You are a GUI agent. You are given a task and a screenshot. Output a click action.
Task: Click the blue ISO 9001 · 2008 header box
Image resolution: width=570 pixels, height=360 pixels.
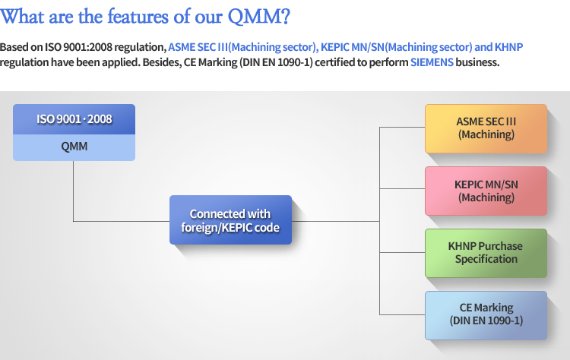(74, 119)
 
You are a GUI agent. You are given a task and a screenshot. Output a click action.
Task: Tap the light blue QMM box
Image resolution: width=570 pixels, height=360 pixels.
(74, 147)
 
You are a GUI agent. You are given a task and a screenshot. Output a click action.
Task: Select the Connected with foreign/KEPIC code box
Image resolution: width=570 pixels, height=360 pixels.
(230, 219)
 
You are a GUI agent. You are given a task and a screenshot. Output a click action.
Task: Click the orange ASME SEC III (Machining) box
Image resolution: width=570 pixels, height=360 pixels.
(486, 128)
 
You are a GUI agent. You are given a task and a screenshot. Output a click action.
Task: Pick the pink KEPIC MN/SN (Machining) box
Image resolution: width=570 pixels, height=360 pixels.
(486, 191)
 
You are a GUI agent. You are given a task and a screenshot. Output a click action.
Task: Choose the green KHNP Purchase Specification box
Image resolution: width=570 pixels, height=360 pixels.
(486, 253)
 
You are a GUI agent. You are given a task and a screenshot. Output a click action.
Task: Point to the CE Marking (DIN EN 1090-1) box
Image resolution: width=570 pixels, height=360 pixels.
(486, 315)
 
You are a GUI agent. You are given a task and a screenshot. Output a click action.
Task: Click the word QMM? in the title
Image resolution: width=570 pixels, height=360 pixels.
(259, 17)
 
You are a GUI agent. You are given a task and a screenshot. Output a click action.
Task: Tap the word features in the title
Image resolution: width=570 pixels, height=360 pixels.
(138, 17)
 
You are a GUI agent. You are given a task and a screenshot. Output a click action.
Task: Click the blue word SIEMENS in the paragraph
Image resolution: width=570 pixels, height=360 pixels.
(432, 62)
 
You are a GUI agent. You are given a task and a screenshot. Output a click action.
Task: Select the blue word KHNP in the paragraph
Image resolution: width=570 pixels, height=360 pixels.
(508, 47)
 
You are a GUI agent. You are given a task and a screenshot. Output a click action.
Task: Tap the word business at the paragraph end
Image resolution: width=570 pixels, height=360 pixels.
(477, 62)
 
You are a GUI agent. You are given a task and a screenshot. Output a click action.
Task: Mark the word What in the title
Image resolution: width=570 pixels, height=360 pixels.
(22, 17)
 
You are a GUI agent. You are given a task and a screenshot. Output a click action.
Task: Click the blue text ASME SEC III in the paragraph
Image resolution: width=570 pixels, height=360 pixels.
(198, 47)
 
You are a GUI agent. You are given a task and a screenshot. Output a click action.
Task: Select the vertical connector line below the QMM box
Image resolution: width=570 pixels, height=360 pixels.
(73, 191)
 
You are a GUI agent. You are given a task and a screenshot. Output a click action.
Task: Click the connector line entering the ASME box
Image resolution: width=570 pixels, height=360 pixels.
(402, 127)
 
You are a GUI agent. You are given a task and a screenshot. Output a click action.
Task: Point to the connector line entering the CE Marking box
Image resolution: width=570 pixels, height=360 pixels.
(402, 314)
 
